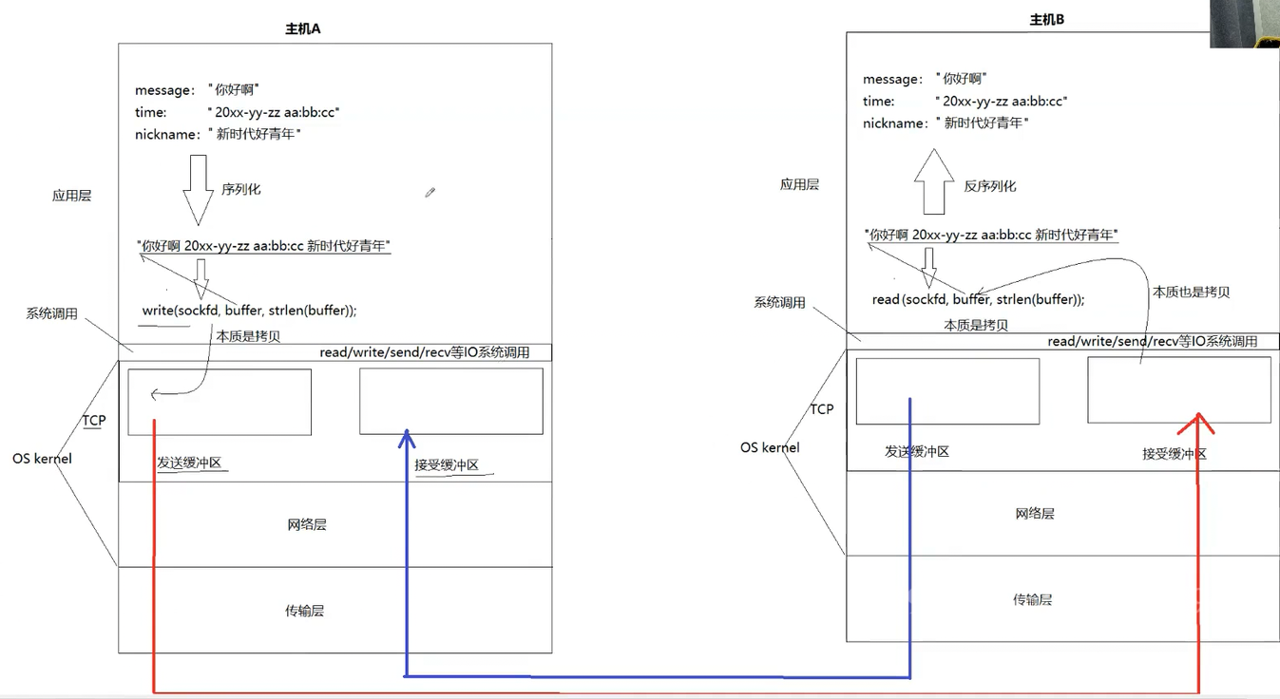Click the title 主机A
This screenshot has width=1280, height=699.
tap(303, 28)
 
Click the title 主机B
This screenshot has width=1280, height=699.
tap(1047, 19)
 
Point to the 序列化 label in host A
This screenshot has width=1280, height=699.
tap(241, 189)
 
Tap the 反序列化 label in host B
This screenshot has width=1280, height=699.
tap(990, 186)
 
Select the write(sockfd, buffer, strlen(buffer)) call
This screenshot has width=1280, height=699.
tap(249, 311)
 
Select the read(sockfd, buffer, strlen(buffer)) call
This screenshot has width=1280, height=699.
tap(978, 299)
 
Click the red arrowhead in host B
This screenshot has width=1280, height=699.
tap(1197, 424)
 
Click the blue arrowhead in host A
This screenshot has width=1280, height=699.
tap(407, 439)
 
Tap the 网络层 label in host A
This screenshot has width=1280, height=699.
tap(307, 524)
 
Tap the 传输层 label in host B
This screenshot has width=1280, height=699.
tap(1033, 599)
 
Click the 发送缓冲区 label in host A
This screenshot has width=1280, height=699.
tap(189, 462)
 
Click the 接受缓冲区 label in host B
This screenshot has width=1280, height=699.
tap(1175, 453)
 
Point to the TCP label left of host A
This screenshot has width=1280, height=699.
tap(94, 421)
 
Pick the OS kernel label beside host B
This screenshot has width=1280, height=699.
tap(770, 447)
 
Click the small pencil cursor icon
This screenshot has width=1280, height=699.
tap(430, 193)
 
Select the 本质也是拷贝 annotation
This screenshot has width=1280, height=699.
tap(1191, 292)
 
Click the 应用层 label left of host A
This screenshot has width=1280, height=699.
tap(71, 196)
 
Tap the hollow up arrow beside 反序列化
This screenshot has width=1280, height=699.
tap(934, 181)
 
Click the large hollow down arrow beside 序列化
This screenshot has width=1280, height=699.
tap(198, 190)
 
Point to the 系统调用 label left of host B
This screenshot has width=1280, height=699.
tap(779, 302)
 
